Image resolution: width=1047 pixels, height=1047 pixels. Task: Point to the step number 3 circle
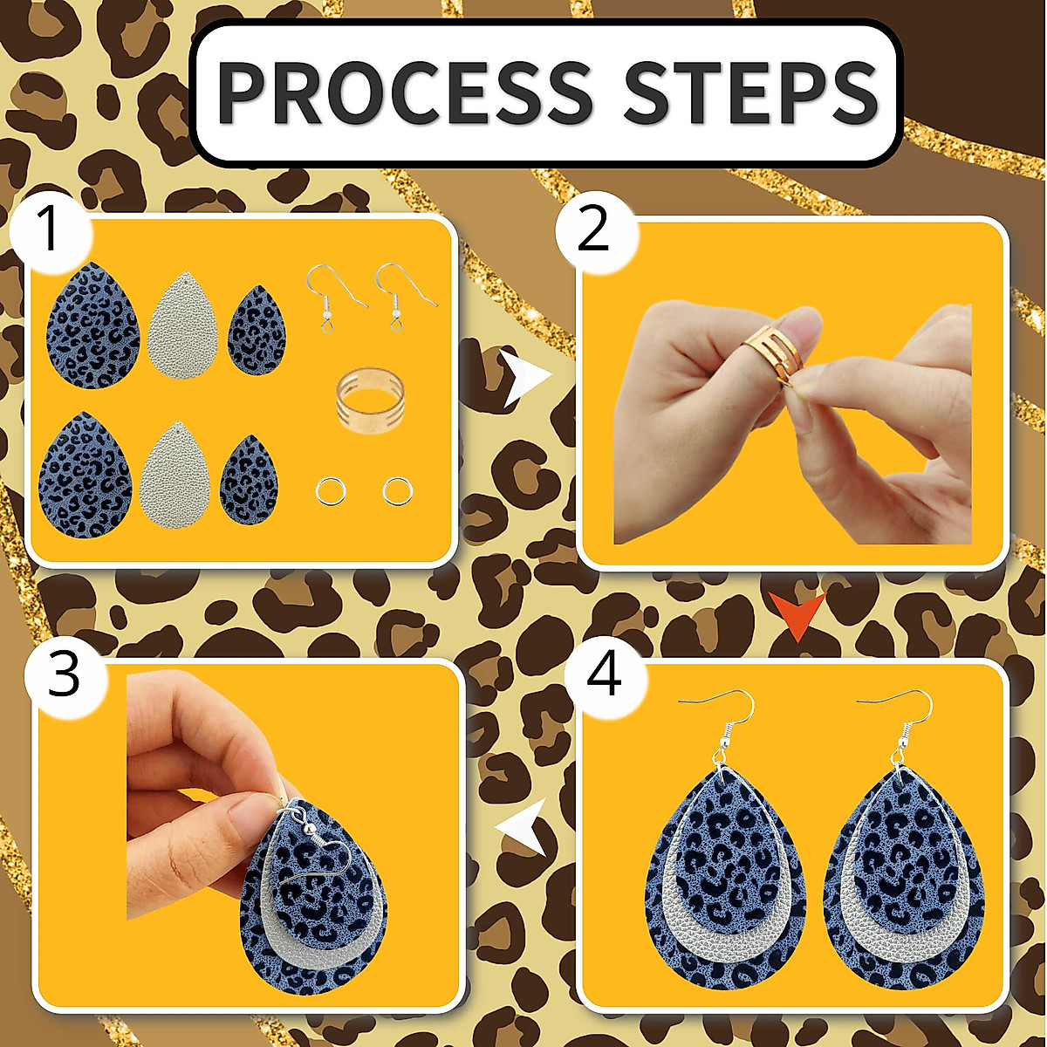[63, 675]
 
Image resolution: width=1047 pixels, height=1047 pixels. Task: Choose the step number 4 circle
[605, 675]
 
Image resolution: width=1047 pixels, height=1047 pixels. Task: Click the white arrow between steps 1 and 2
[526, 377]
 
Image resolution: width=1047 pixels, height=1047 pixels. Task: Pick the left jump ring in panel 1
[331, 491]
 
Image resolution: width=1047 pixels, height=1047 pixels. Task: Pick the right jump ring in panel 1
[397, 491]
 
